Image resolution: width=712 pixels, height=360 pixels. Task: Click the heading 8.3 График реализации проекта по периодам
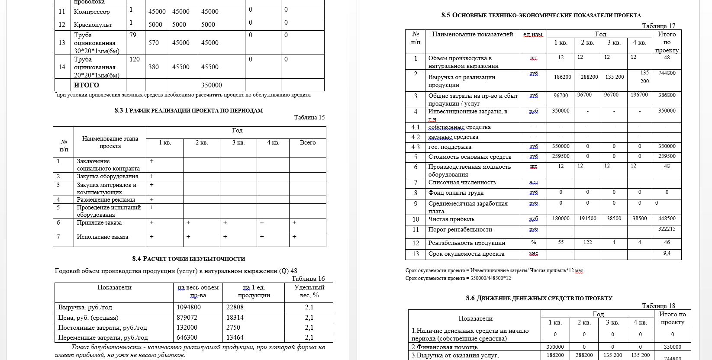point(189,110)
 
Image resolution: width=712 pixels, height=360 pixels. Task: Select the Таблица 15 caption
point(309,117)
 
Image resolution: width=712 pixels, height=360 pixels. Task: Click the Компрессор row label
point(92,12)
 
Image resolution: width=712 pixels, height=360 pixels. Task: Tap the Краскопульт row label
point(93,25)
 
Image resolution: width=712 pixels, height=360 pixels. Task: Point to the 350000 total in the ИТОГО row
point(212,85)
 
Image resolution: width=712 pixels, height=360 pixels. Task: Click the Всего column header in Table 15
point(308,142)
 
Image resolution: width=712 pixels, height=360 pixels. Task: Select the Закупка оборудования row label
point(107,177)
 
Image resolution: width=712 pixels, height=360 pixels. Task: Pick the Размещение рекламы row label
point(106,199)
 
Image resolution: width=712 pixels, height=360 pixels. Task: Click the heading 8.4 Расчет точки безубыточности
point(189,259)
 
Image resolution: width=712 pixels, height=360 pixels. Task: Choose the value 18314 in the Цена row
point(235,317)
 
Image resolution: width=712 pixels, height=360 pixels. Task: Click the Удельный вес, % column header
point(309,291)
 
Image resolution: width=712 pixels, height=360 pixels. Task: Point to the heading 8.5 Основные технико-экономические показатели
point(541,15)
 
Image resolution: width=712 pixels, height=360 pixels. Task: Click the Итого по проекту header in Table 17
point(667,42)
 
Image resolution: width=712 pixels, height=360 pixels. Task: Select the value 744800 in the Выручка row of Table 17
point(667,73)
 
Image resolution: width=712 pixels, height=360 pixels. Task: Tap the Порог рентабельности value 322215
point(667,228)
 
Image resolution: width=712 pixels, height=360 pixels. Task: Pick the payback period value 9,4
point(667,253)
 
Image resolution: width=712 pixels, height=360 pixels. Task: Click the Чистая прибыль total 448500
point(667,219)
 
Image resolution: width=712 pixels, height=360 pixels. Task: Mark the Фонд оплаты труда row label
point(456,193)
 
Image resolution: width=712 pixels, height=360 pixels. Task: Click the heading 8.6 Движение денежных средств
point(539,298)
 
